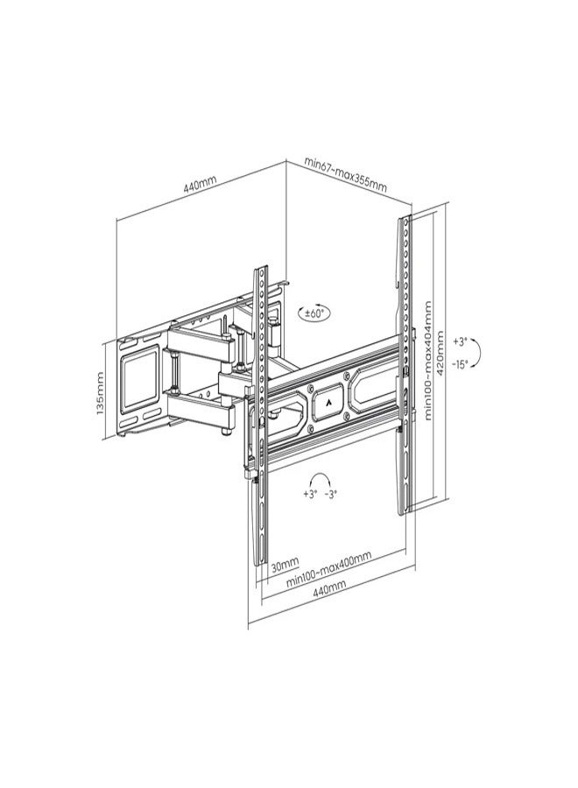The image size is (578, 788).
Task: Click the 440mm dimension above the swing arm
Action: tap(200, 186)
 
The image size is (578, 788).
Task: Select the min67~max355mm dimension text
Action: tap(345, 174)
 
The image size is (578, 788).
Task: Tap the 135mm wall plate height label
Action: tap(102, 390)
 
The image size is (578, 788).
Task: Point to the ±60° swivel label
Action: tap(313, 313)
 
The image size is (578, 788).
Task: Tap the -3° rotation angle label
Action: tap(330, 494)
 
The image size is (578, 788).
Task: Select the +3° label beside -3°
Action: tap(309, 494)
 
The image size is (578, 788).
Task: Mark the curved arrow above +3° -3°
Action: tap(320, 478)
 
